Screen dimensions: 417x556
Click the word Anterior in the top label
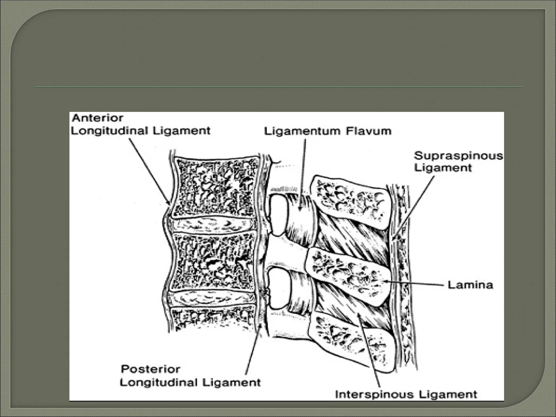[x=97, y=118]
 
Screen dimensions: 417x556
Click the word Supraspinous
[x=458, y=156]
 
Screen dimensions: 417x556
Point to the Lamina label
[x=470, y=285]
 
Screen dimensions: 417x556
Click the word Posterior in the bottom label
[x=150, y=369]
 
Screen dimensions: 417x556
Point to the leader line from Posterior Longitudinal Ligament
[x=252, y=353]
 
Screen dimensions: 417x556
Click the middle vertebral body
[x=214, y=262]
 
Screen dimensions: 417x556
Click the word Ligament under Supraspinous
[x=443, y=168]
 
